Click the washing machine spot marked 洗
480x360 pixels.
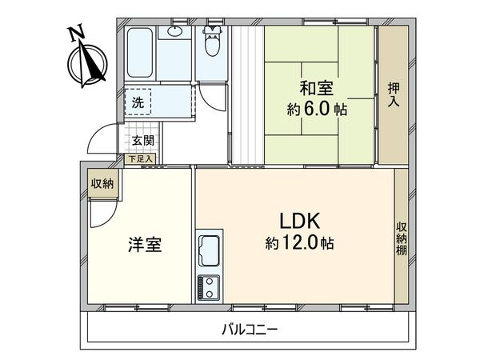pyautogui.click(x=138, y=102)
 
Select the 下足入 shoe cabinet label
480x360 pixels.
pyautogui.click(x=141, y=159)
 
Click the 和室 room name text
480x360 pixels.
pyautogui.click(x=317, y=87)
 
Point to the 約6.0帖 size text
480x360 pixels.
pyautogui.click(x=317, y=110)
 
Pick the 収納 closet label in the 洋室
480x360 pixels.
pyautogui.click(x=102, y=184)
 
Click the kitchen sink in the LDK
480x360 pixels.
pyautogui.click(x=210, y=250)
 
